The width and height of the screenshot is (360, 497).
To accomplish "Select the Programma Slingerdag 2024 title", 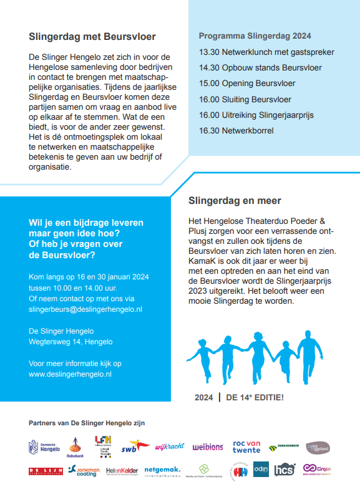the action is coord(255,36).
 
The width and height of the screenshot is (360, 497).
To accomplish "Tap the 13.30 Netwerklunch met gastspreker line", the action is coord(266,52).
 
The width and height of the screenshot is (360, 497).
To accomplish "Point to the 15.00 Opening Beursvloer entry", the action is coord(247,83).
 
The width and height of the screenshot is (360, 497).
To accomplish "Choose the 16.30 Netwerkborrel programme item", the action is coord(236,130).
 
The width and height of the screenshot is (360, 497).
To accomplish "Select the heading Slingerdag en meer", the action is coord(235,201).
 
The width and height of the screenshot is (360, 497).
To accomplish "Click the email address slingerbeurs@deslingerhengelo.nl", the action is coord(85,309).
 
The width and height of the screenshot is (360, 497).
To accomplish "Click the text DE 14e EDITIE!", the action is coord(255,397).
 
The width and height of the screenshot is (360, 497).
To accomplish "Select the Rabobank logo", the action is coord(75,447).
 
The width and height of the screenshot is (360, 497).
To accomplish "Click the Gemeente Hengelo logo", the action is coord(44,447).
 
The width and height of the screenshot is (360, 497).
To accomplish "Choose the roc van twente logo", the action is coord(246,446).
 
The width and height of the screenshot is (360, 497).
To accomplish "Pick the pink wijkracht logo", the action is coord(169,446).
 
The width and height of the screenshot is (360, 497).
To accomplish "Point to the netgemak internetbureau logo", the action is coord(162,471).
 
